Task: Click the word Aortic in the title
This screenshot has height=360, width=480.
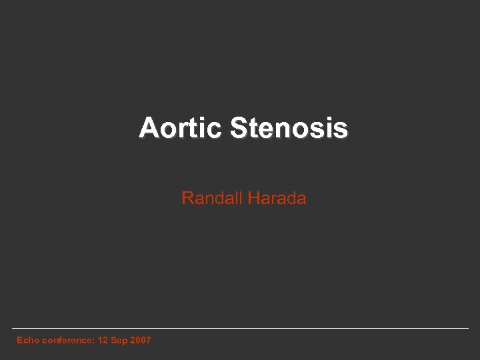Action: point(181,128)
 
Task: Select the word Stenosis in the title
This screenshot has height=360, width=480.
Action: point(289,128)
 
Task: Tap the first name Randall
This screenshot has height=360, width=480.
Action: point(211,198)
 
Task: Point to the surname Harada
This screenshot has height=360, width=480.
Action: point(277,198)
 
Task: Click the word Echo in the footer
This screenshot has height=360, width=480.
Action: point(28,340)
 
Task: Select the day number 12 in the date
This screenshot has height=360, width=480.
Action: point(103,340)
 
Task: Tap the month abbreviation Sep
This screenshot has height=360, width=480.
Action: point(119,340)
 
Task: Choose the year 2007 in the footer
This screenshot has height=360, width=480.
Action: point(141,340)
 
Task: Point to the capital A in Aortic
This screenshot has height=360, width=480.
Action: point(148,128)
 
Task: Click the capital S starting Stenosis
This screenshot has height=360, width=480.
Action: point(238,128)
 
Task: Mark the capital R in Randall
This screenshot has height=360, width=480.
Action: point(187,198)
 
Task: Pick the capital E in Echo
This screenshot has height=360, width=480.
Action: point(19,340)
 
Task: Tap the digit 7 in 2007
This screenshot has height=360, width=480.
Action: point(148,340)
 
